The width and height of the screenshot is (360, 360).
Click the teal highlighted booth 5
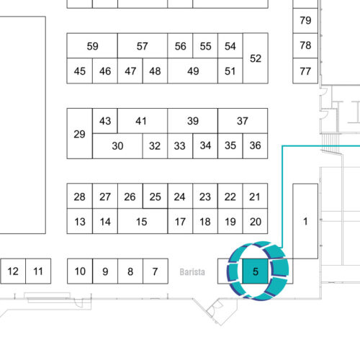click(256, 271)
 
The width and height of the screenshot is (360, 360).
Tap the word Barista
click(192, 272)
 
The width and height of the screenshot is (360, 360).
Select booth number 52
click(256, 58)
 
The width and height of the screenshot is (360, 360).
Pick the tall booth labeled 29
click(80, 133)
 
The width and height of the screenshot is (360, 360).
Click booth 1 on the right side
click(305, 221)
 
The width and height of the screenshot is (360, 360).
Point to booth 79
click(305, 21)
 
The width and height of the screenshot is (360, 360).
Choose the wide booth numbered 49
click(193, 71)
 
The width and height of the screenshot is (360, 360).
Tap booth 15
click(143, 221)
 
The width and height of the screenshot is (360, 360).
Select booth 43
click(105, 121)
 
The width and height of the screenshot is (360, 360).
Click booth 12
click(13, 271)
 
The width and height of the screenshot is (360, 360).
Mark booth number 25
click(155, 196)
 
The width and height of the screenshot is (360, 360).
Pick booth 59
click(92, 45)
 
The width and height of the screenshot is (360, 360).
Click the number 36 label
click(255, 145)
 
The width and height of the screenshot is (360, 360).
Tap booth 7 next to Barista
click(156, 271)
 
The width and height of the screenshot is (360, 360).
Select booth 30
click(117, 146)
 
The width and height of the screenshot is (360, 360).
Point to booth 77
click(305, 71)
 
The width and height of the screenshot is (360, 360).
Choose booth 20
click(255, 221)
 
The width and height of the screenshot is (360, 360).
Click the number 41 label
click(141, 121)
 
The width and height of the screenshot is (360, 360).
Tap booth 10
click(80, 271)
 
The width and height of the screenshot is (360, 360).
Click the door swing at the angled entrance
click(215, 308)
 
